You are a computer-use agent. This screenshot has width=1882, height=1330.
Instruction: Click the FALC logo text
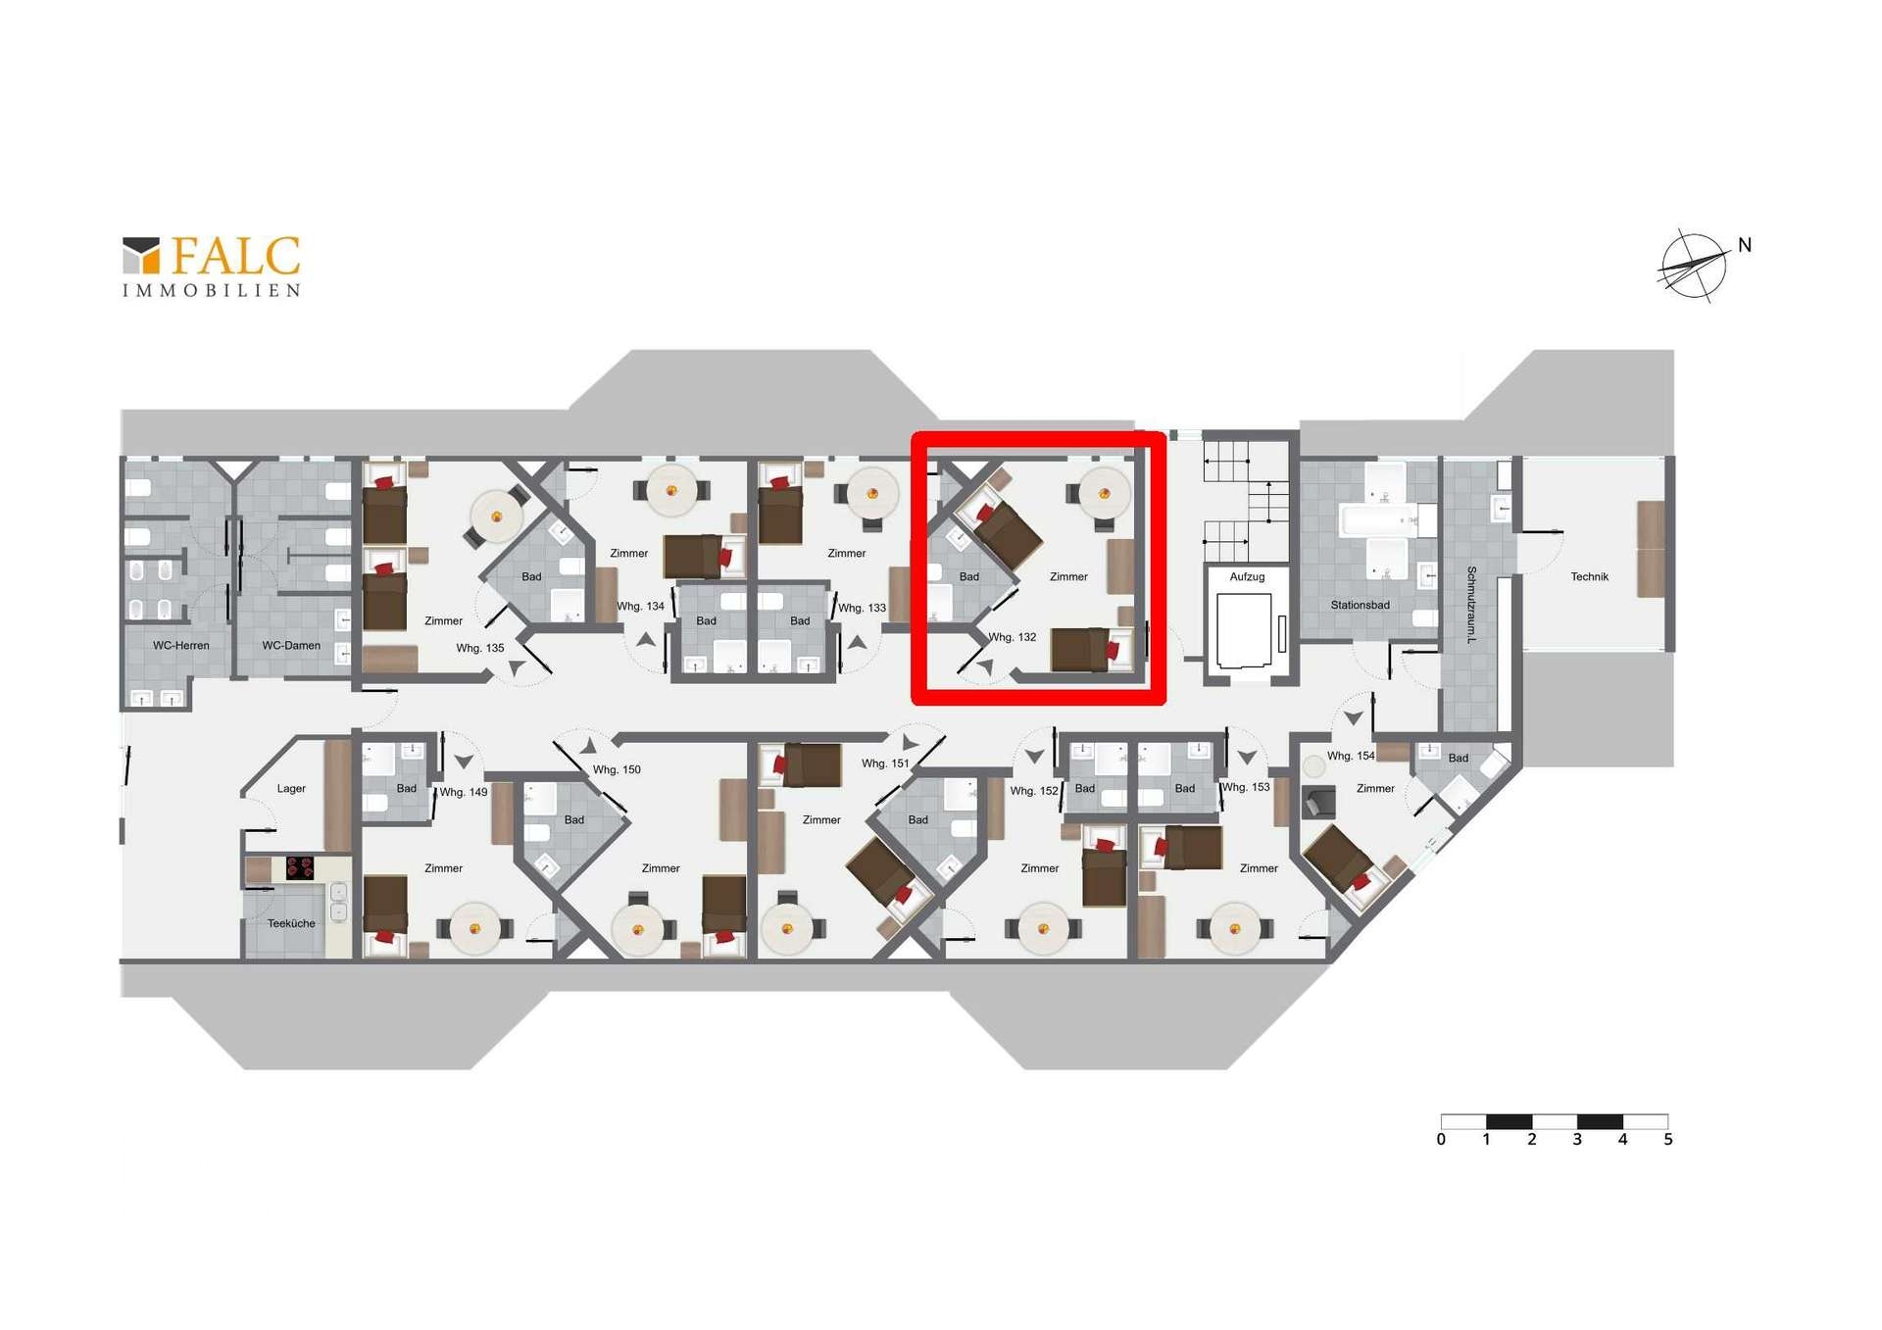coord(235,256)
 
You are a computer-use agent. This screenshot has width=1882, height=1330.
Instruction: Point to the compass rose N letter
coord(1745,245)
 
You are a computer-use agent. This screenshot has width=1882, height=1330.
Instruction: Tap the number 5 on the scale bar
coord(1667,1140)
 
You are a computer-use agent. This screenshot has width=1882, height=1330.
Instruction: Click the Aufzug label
coord(1247,577)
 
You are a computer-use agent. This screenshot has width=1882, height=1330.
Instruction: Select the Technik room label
coord(1589,577)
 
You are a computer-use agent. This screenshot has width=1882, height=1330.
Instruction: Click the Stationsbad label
coord(1360,606)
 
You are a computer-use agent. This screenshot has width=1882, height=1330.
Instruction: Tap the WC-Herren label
coord(181,646)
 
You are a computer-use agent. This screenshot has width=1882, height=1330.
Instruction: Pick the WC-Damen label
coord(291,646)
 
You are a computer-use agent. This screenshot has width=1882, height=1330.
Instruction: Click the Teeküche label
coord(291,924)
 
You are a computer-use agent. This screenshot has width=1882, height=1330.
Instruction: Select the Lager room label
coord(291,789)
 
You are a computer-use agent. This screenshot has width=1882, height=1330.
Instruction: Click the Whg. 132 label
coord(1013,637)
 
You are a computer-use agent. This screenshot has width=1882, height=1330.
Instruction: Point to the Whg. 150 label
coord(617,770)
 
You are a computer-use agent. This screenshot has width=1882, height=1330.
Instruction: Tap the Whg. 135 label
coord(480,649)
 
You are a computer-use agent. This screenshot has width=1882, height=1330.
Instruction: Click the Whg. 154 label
coord(1351,757)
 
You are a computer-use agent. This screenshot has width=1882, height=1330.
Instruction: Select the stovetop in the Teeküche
coord(299,868)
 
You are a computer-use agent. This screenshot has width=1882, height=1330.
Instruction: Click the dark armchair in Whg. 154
coord(1318,803)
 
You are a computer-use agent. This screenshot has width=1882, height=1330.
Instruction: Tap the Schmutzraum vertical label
coord(1471,604)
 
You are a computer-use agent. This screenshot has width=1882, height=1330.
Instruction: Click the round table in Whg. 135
coord(496,517)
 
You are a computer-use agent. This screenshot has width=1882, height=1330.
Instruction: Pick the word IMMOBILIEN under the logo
coord(212,291)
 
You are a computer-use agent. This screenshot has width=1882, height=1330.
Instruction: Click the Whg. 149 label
coord(464,793)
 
